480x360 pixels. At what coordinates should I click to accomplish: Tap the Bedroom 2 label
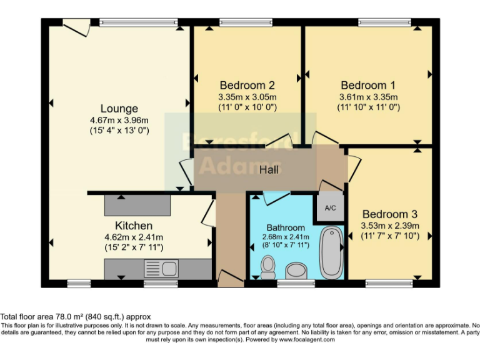pos(247,85)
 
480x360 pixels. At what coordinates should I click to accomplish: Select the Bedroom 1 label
pos(368,85)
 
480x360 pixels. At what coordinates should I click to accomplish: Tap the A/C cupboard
pos(329,208)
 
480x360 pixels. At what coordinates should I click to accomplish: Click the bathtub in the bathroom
pos(331,252)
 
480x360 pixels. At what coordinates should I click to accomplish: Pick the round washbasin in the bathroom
pos(295,270)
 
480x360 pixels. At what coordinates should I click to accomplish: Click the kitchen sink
pos(161,269)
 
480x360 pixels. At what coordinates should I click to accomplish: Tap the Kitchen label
pos(133,225)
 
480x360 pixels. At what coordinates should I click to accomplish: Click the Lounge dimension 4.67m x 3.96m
pos(118,120)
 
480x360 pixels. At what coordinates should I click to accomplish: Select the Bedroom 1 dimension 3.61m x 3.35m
pos(369,97)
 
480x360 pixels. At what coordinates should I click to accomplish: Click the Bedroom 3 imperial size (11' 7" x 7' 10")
pos(390,236)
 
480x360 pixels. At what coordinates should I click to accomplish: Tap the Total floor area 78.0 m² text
pos(76,317)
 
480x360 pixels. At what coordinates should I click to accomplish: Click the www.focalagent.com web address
pos(306,340)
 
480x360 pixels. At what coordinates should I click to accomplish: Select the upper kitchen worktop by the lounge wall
pos(137,204)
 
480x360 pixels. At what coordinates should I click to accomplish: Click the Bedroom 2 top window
pos(246,23)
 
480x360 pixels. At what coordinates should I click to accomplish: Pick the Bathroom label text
pos(286,227)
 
